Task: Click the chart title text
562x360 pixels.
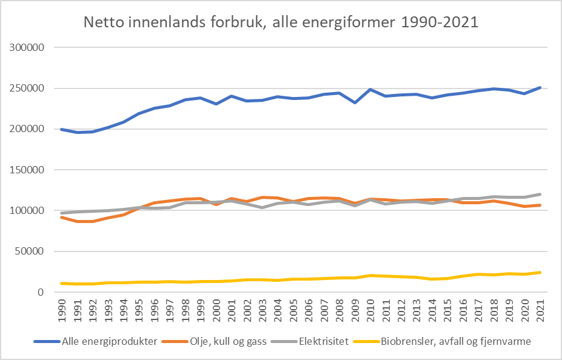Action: point(281,23)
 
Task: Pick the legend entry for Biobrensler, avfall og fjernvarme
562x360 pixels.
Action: point(455,341)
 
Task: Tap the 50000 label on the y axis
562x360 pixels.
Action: point(31,252)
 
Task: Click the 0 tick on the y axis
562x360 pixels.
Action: point(42,292)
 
